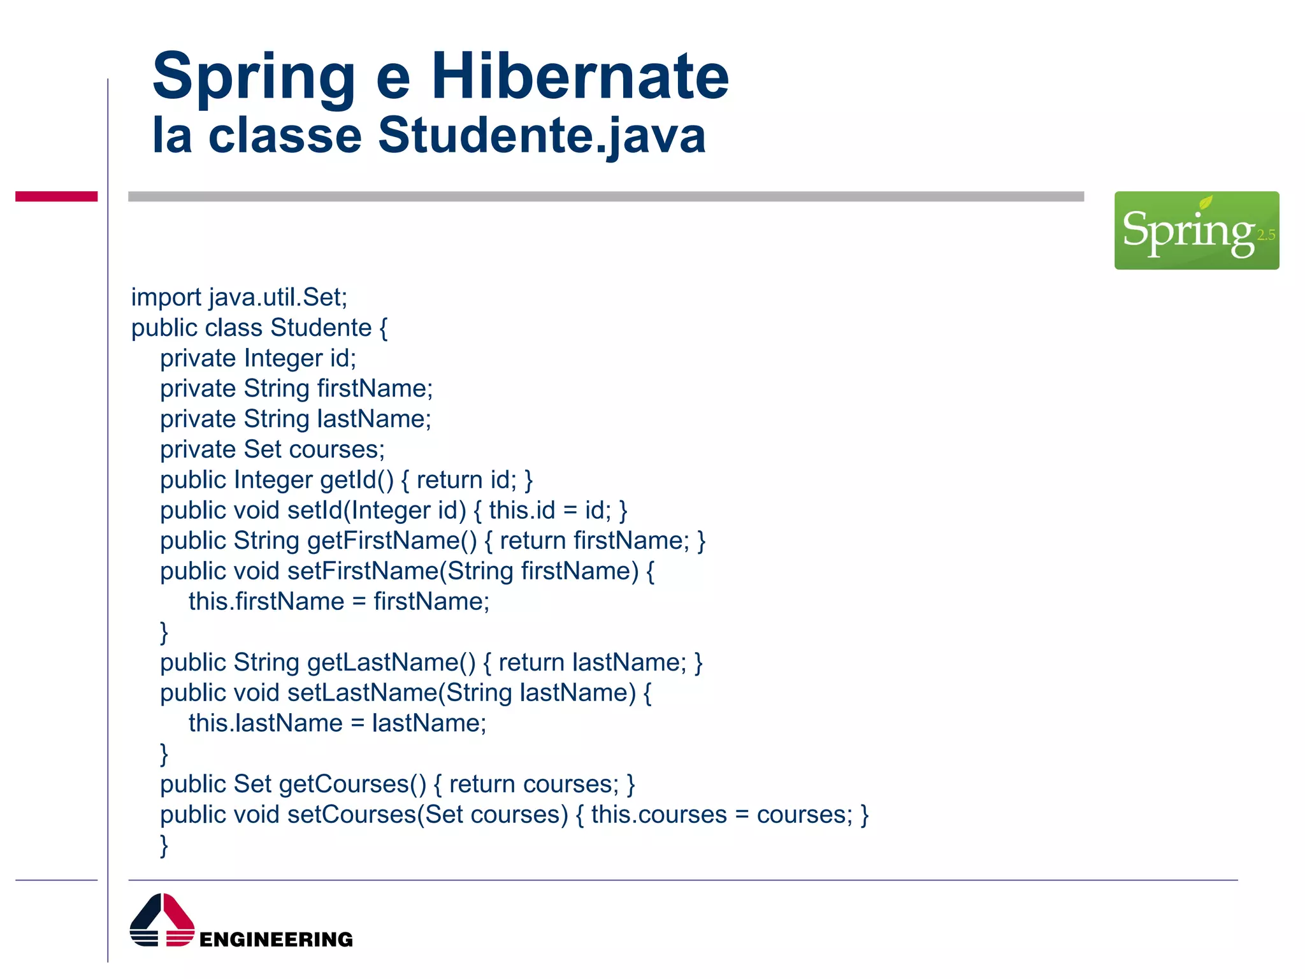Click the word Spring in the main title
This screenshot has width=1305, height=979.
(254, 78)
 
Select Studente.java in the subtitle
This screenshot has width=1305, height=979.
(542, 135)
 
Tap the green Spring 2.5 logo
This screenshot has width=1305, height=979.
(1196, 230)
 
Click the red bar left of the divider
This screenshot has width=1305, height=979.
(56, 196)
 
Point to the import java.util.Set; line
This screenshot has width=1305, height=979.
(239, 298)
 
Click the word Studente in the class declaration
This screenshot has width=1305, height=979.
(321, 328)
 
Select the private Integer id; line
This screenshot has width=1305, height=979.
(258, 358)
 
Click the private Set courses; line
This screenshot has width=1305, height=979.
(272, 450)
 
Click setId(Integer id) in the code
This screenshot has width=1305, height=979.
(377, 511)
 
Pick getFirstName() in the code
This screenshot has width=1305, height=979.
(392, 541)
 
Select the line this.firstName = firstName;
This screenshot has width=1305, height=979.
(339, 602)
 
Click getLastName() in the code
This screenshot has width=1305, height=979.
(391, 663)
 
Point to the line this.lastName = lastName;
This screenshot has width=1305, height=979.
(337, 723)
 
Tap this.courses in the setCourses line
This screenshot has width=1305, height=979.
(659, 815)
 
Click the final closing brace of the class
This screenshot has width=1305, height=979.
(164, 846)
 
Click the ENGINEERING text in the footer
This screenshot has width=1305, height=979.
(276, 939)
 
